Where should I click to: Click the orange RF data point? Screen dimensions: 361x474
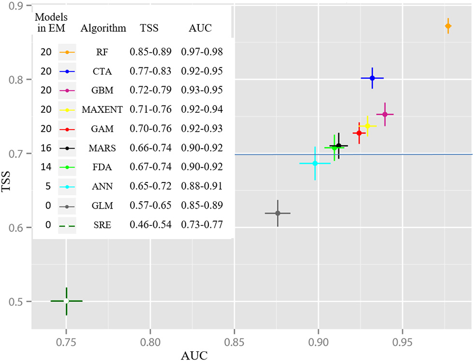pos(448,26)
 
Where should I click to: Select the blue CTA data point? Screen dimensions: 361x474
pos(372,78)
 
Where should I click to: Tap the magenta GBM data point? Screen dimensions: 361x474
pos(385,114)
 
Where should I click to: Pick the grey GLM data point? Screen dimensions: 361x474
pos(278,213)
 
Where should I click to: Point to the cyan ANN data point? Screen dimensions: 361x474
pos(315,163)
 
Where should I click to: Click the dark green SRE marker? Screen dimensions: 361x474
pos(66,301)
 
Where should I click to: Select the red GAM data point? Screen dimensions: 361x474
pos(359,133)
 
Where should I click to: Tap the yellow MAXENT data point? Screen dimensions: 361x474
pos(367,126)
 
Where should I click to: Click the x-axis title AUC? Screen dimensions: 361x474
pos(194,356)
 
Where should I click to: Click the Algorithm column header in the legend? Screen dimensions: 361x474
pos(103,28)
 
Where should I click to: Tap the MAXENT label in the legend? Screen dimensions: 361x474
pos(103,109)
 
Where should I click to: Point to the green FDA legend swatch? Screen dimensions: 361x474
pos(67,167)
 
